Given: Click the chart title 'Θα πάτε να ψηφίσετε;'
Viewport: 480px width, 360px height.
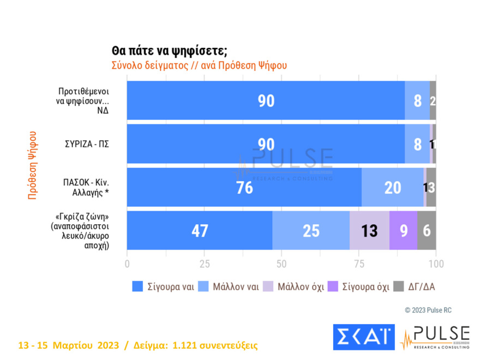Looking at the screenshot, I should coord(169,51).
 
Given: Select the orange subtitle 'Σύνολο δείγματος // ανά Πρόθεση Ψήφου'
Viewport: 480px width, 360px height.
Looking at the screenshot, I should coord(199,65).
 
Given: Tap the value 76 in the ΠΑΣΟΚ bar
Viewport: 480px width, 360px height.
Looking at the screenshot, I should coord(244,187).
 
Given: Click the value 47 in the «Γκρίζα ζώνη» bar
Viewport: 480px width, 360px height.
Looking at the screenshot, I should coord(200,231).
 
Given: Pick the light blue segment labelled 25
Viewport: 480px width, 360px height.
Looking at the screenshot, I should coord(311,231).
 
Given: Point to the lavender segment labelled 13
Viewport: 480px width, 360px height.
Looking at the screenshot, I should coord(369,231).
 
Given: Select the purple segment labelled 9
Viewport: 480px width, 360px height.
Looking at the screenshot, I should coord(403,231).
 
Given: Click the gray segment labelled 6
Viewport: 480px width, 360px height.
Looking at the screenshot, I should coord(427,231).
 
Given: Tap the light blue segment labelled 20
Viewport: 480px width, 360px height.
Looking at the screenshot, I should coord(392,187).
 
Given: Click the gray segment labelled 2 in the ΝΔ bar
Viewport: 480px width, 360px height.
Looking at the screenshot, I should coord(433,100).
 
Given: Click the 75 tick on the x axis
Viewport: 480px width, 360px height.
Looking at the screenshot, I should coord(358,265).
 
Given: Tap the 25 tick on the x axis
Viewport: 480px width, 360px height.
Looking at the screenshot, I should coord(204,265).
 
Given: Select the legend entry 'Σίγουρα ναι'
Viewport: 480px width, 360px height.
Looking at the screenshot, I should coord(163,286).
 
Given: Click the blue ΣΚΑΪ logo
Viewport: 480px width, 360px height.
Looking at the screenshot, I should coord(363,337).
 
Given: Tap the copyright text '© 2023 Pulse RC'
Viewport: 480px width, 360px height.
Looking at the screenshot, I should coord(428,310).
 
